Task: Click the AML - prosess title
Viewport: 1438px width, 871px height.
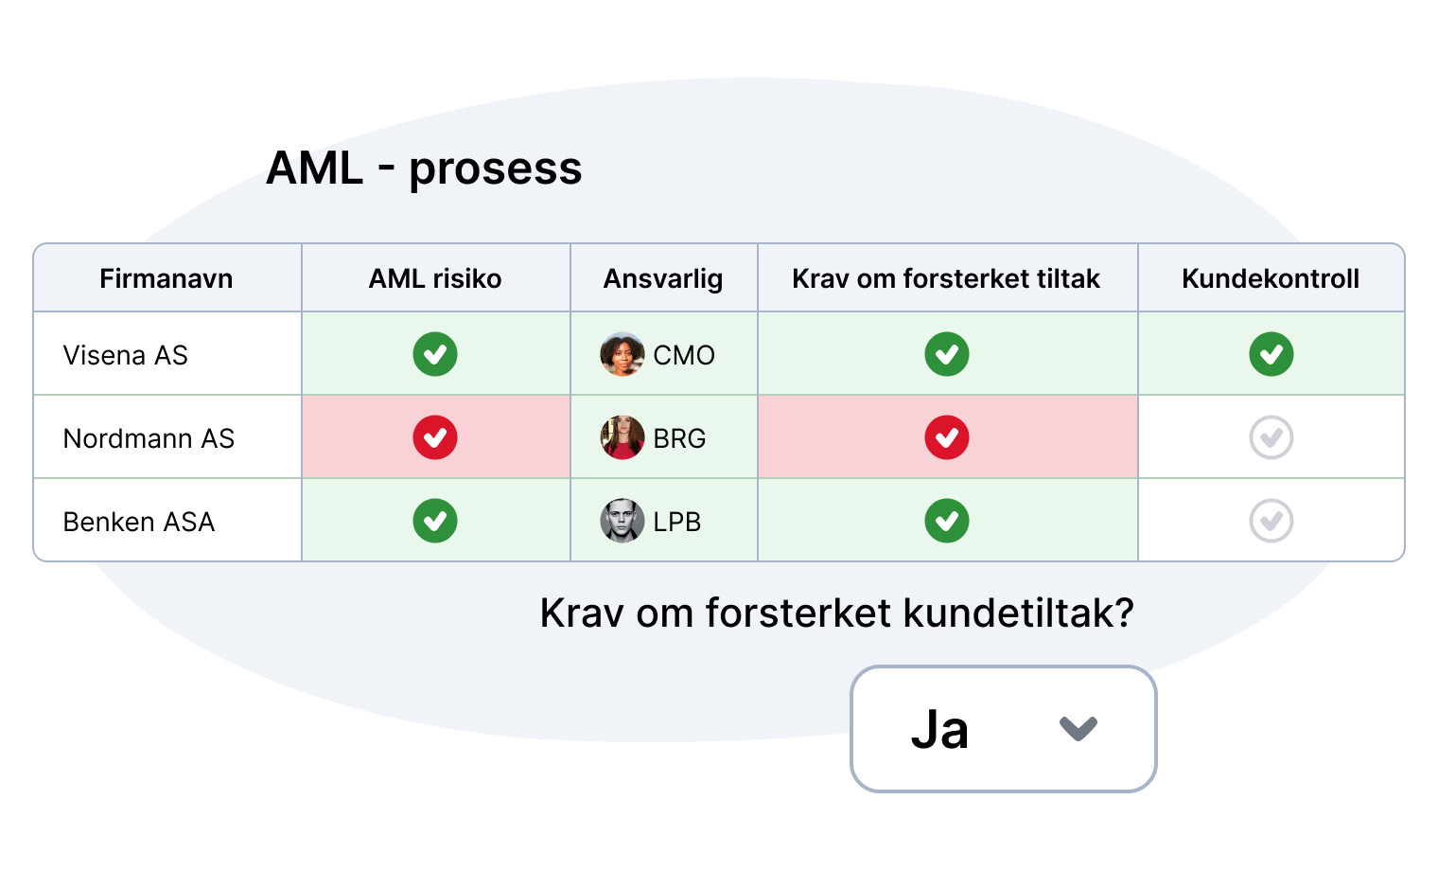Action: click(x=424, y=169)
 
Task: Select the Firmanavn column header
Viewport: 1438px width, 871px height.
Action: click(x=167, y=278)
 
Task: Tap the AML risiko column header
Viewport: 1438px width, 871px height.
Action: click(x=435, y=278)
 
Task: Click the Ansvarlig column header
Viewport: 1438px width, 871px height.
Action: click(x=663, y=279)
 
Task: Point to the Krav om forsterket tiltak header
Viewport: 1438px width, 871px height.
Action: click(x=946, y=278)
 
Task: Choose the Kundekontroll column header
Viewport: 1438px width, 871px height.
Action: click(x=1271, y=278)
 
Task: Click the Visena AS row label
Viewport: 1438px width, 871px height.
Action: click(x=126, y=355)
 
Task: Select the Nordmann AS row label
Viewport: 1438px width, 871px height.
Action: click(x=149, y=438)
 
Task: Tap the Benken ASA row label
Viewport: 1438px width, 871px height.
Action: click(x=139, y=522)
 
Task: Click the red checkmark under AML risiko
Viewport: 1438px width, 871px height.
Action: click(x=435, y=437)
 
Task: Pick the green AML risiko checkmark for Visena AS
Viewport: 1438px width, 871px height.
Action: click(x=435, y=354)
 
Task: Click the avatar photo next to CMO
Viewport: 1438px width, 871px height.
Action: click(x=623, y=354)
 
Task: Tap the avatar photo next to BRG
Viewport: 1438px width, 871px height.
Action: click(x=623, y=437)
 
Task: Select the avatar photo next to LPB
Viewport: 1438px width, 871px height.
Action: click(x=623, y=521)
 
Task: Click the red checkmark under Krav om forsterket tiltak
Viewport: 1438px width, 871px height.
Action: click(x=947, y=437)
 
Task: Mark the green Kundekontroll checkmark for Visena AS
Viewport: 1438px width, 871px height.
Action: click(x=1271, y=354)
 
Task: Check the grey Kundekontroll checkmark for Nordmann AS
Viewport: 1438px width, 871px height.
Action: click(x=1271, y=437)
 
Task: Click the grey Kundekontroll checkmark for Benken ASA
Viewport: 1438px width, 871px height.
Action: click(x=1271, y=521)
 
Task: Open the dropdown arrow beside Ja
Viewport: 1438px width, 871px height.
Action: click(x=1078, y=728)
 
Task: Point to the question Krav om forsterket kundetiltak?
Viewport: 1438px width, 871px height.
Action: click(x=837, y=613)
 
